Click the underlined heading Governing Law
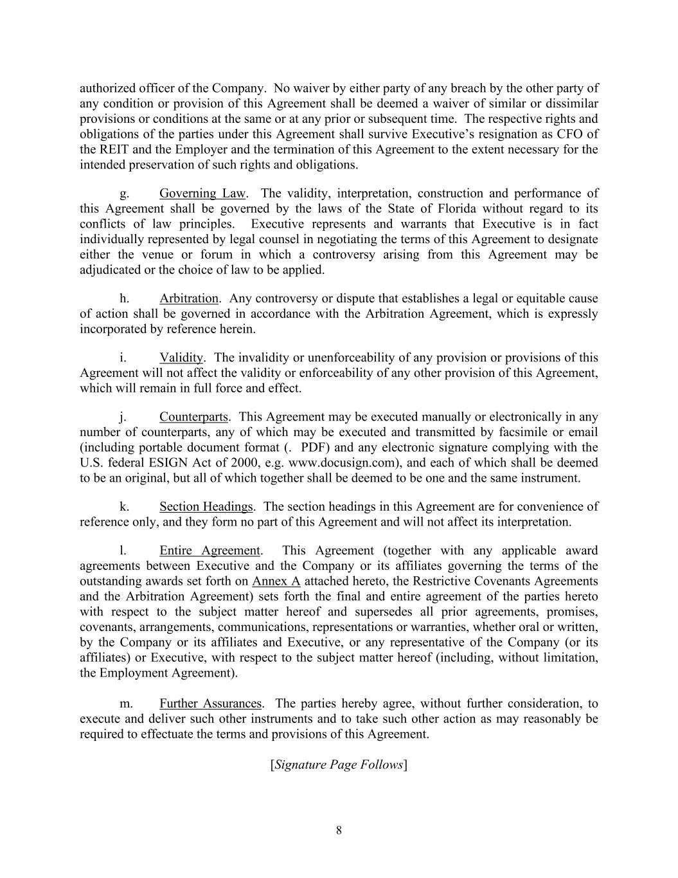click(202, 193)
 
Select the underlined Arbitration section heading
click(189, 298)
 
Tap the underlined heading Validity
click(181, 358)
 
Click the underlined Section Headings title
click(206, 507)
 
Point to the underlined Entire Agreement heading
click(210, 551)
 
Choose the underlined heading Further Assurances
click(211, 704)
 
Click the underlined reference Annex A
click(276, 581)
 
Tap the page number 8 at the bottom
click(339, 830)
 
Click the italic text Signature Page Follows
click(339, 765)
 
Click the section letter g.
click(123, 193)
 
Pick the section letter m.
click(126, 704)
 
